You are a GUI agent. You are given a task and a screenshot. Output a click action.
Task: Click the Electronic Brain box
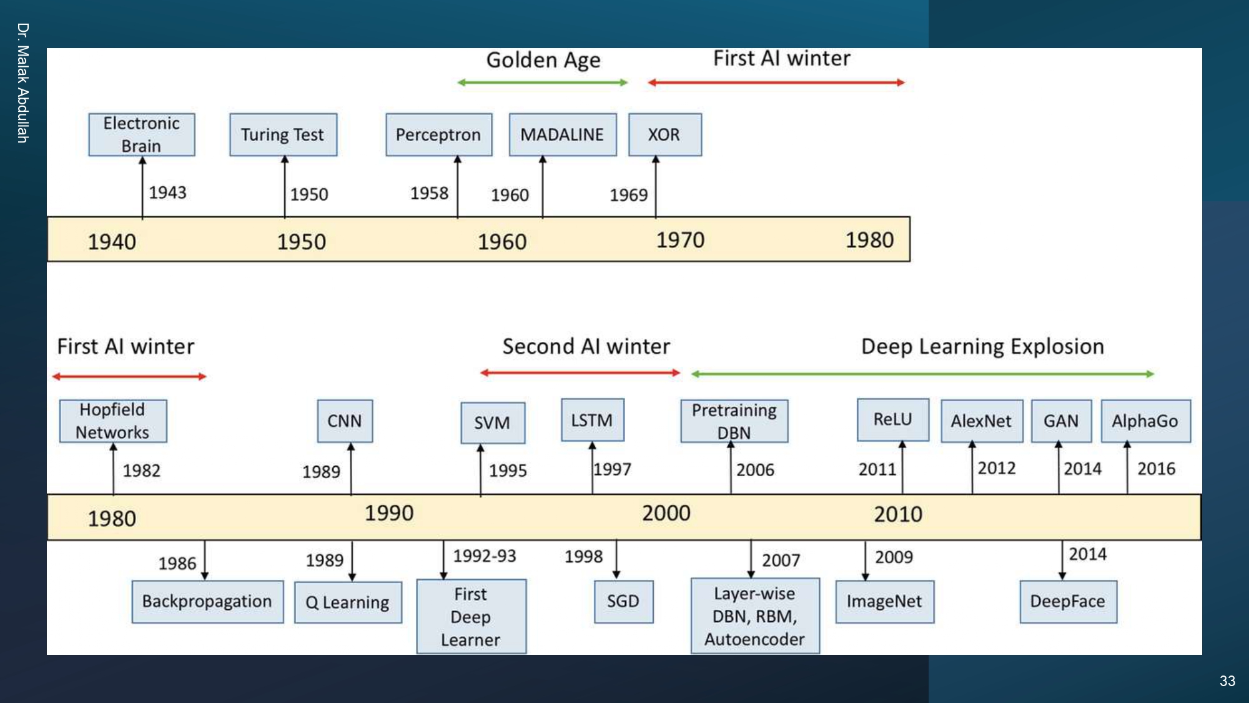142,134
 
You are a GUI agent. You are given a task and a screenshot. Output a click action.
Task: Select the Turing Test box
283,134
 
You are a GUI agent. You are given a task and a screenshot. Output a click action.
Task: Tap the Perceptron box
438,134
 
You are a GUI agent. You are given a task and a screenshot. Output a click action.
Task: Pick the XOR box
664,134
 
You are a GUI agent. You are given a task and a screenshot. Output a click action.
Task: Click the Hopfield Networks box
113,421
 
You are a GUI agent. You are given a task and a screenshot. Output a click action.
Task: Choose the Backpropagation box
207,601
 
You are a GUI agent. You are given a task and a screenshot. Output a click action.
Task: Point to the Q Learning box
348,602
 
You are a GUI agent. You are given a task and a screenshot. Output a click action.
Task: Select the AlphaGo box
1145,421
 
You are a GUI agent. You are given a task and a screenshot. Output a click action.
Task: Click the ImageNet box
884,601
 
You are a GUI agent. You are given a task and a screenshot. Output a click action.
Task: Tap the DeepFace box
1068,601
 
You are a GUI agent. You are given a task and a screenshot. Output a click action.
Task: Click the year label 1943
167,192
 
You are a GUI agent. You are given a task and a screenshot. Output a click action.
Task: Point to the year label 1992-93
485,556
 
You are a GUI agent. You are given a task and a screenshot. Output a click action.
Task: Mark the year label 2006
755,470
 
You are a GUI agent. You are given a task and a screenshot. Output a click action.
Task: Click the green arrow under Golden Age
542,82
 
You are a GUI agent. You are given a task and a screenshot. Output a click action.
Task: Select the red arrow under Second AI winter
580,373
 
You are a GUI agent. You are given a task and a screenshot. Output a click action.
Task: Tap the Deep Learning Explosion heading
982,346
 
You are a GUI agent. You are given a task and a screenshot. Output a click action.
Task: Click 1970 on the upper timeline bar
680,240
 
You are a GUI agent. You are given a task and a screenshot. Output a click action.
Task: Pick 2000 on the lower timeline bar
666,513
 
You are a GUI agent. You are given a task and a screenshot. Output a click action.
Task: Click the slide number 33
1227,681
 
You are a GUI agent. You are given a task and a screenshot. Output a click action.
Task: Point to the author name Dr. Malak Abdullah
23,83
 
